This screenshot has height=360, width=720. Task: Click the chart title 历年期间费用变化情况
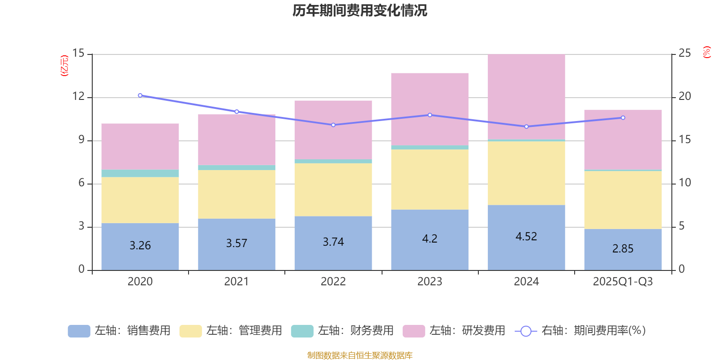[360, 11]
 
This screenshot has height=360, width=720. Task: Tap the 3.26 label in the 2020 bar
[140, 246]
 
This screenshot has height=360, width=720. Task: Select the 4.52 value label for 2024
[526, 237]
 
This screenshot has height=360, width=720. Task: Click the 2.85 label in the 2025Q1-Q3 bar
[623, 249]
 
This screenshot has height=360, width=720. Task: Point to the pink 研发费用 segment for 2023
[430, 109]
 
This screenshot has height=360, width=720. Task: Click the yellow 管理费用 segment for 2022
[333, 189]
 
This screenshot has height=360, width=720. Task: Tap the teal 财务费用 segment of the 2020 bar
[140, 173]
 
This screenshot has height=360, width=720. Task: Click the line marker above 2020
[140, 95]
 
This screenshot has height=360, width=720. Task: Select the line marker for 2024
[526, 126]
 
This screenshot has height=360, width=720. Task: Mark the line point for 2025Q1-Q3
[623, 118]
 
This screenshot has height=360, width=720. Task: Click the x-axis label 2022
[333, 282]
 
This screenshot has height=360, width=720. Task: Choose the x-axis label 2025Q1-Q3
[623, 282]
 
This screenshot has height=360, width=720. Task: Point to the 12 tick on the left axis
[79, 97]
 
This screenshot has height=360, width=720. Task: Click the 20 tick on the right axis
[684, 97]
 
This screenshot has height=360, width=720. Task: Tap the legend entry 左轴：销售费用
[119, 331]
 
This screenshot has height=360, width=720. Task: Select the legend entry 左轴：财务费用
[342, 331]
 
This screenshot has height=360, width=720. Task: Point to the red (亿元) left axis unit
[64, 66]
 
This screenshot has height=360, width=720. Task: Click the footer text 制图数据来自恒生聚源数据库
[360, 355]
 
